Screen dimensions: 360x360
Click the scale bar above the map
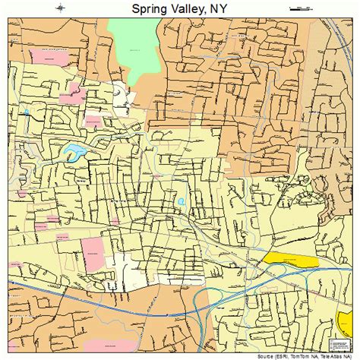pos(301,8)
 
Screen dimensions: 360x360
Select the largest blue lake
pos(74,152)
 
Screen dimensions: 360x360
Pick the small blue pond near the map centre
pos(181,201)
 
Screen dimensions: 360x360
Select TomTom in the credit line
pos(302,355)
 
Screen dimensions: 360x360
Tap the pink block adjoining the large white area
pos(93,252)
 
